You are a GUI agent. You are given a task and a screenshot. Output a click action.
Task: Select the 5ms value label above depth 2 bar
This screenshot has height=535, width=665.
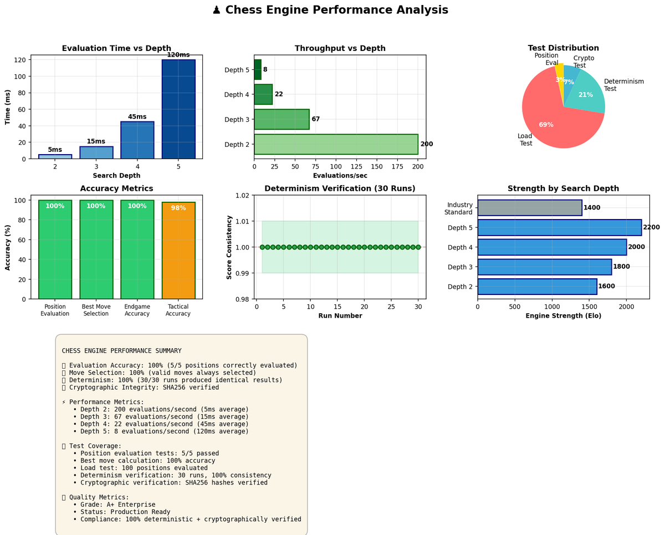click(x=55, y=150)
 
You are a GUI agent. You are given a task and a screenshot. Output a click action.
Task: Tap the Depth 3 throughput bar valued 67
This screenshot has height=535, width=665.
click(x=282, y=119)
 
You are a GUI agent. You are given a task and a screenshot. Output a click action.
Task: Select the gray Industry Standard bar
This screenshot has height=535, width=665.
click(x=529, y=208)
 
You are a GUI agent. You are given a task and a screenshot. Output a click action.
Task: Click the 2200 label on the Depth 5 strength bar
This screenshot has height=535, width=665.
click(x=651, y=227)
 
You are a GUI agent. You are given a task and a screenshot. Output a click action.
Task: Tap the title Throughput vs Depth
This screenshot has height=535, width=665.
click(x=340, y=48)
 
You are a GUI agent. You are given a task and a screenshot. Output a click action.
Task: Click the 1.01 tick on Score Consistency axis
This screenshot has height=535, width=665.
click(x=242, y=221)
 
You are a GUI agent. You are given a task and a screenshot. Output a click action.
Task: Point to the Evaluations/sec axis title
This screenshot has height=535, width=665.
click(x=340, y=176)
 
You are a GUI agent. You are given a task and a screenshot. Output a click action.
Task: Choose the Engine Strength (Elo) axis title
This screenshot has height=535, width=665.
click(x=563, y=316)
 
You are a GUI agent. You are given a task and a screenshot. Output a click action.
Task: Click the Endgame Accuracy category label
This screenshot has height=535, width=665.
click(x=137, y=310)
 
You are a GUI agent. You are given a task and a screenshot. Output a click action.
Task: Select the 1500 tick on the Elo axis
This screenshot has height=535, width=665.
click(x=589, y=305)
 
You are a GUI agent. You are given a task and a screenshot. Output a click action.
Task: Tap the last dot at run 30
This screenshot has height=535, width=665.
click(x=418, y=247)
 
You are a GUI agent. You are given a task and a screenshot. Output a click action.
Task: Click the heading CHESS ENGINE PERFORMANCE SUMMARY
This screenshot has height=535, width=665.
click(x=121, y=351)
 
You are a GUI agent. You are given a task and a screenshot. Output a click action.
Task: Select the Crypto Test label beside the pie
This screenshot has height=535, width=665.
click(x=584, y=62)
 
